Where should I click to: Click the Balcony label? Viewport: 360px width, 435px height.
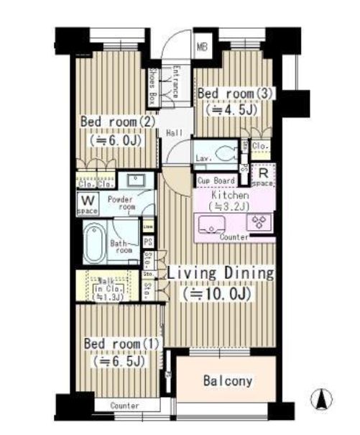click(x=227, y=380)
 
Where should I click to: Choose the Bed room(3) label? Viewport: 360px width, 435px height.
click(x=234, y=93)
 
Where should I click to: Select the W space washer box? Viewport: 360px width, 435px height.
click(x=87, y=203)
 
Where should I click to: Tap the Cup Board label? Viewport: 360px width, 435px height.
click(x=215, y=180)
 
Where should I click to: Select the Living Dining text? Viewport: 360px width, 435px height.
click(x=221, y=273)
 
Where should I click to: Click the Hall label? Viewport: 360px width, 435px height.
click(x=173, y=134)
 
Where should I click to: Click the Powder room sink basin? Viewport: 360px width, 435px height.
click(x=134, y=179)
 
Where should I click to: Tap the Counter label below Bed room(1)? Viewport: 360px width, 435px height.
click(x=124, y=407)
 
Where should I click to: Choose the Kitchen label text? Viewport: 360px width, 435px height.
click(x=230, y=195)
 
